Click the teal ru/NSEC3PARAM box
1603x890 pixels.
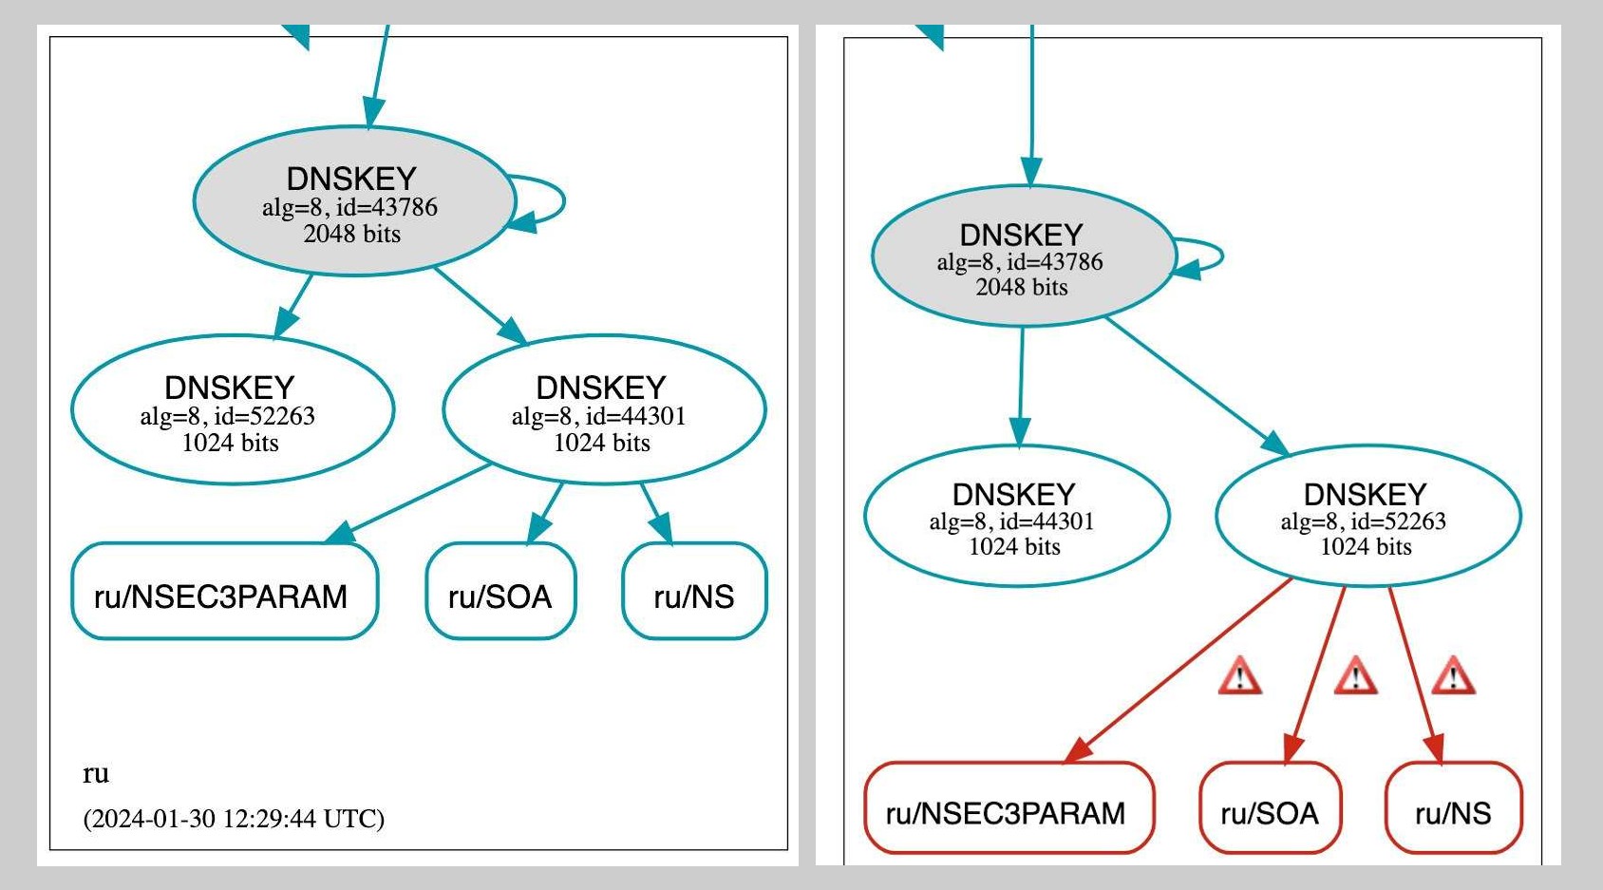224,591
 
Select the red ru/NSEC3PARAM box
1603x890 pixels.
1009,808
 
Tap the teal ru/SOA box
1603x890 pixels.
500,591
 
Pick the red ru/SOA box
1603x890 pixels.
1270,808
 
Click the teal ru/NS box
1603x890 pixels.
694,591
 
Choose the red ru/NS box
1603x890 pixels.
1453,808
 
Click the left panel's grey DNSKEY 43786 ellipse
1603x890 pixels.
353,201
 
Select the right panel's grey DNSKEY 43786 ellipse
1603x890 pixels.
1023,256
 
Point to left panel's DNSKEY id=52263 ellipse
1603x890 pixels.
232,410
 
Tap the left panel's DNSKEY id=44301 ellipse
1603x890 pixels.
604,410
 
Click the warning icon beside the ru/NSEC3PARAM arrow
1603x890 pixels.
1240,677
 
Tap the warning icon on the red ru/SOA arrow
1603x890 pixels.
1355,677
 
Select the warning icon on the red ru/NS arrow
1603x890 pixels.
1453,677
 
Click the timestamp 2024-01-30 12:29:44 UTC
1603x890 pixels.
234,819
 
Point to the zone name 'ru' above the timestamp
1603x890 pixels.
96,773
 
